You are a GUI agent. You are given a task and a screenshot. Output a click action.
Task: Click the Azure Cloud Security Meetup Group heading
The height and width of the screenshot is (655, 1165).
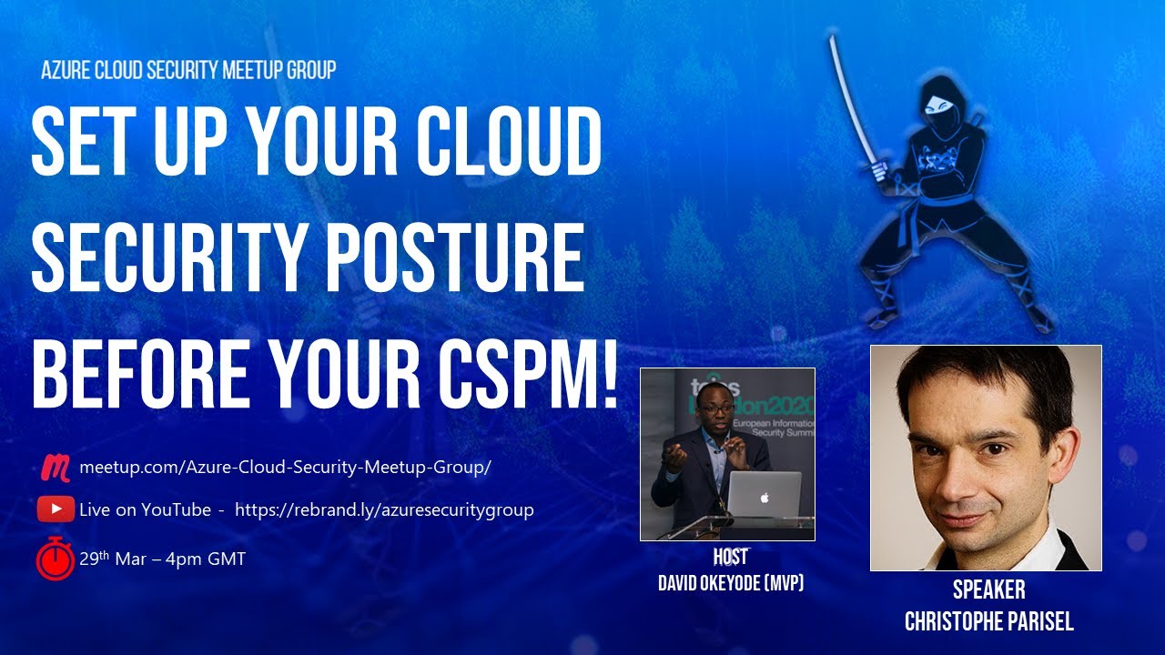click(x=188, y=70)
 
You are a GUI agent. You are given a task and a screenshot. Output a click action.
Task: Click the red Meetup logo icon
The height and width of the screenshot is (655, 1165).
click(x=56, y=468)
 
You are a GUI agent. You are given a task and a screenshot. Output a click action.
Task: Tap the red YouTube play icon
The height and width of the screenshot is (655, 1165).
click(x=56, y=509)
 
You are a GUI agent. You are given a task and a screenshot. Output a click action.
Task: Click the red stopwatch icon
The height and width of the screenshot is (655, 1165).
click(x=56, y=558)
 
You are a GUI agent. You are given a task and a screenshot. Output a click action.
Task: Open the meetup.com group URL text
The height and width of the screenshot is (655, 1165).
click(x=285, y=468)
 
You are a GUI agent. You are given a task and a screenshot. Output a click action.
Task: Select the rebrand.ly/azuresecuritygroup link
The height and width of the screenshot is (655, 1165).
click(x=384, y=509)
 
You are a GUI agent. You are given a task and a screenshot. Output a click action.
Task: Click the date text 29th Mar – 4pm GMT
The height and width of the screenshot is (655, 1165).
click(x=162, y=559)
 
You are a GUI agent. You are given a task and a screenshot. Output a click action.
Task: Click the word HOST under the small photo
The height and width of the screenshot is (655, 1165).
click(x=730, y=557)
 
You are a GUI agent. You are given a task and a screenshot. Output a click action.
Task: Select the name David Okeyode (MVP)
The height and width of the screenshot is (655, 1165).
click(x=730, y=583)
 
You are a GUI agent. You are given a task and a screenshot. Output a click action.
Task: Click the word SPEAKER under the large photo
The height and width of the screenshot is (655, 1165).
click(x=988, y=590)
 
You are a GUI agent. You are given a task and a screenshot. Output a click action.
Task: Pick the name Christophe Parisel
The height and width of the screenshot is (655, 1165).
click(x=988, y=622)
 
